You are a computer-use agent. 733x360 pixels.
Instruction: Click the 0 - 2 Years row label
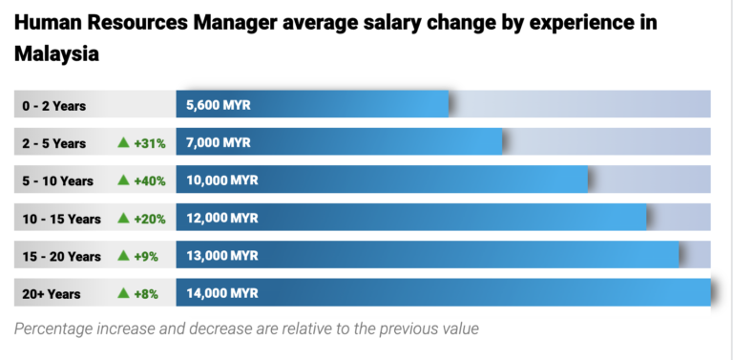(54, 106)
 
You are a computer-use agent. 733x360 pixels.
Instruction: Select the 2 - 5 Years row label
(54, 143)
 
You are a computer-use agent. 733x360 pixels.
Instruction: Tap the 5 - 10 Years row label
(58, 180)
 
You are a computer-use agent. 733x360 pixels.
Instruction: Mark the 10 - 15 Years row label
(61, 219)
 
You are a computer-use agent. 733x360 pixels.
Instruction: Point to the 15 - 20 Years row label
(61, 256)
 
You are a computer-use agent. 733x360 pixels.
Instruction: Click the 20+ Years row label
(52, 294)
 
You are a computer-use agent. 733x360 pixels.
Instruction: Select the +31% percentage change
(150, 143)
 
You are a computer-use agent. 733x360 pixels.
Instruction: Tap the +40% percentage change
(150, 180)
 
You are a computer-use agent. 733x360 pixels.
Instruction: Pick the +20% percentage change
(150, 219)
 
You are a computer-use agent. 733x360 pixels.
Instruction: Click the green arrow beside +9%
(123, 256)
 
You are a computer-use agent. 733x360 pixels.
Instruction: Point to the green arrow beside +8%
(123, 293)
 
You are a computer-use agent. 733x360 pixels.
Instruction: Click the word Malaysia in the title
(57, 53)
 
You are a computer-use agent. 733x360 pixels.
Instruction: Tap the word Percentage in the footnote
(56, 328)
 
